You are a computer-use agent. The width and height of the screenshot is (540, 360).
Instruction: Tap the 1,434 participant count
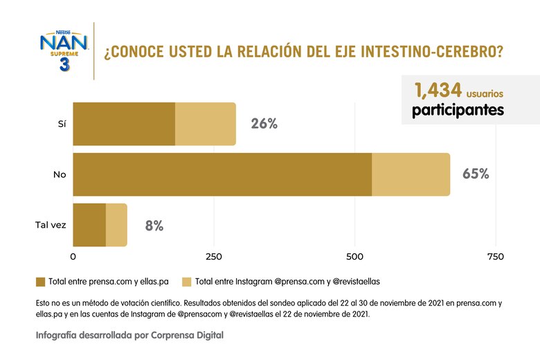[x=438, y=91]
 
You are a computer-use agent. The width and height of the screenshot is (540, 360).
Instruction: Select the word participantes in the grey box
[x=458, y=110]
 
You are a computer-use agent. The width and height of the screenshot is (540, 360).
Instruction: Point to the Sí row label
[x=62, y=124]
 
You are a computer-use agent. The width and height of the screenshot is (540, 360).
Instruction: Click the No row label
[x=60, y=174]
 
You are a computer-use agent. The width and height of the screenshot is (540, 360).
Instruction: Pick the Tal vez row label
[x=51, y=225]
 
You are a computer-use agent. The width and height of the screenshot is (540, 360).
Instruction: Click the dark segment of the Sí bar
[x=124, y=124]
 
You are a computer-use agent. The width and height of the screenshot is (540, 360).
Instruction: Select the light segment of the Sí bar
[x=205, y=124]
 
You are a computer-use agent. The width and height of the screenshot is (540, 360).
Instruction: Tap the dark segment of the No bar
[x=222, y=174]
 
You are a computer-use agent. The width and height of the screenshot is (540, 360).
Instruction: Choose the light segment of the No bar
[x=411, y=174]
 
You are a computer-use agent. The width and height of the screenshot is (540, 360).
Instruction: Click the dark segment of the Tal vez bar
[x=89, y=225]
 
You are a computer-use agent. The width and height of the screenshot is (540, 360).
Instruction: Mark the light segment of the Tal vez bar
[x=116, y=225]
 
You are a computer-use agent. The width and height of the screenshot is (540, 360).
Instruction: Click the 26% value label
[x=263, y=124]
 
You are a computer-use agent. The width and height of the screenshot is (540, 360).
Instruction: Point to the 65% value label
[x=476, y=174]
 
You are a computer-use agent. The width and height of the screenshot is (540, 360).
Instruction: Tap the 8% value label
[x=154, y=226]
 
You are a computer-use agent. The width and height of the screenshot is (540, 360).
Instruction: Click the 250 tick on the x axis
[x=214, y=257]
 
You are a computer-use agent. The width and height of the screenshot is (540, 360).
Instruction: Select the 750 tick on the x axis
[x=495, y=257]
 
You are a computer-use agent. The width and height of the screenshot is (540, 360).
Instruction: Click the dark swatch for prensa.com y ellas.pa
[x=41, y=282]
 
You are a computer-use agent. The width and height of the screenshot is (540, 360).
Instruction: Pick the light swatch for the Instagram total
[x=186, y=282]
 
